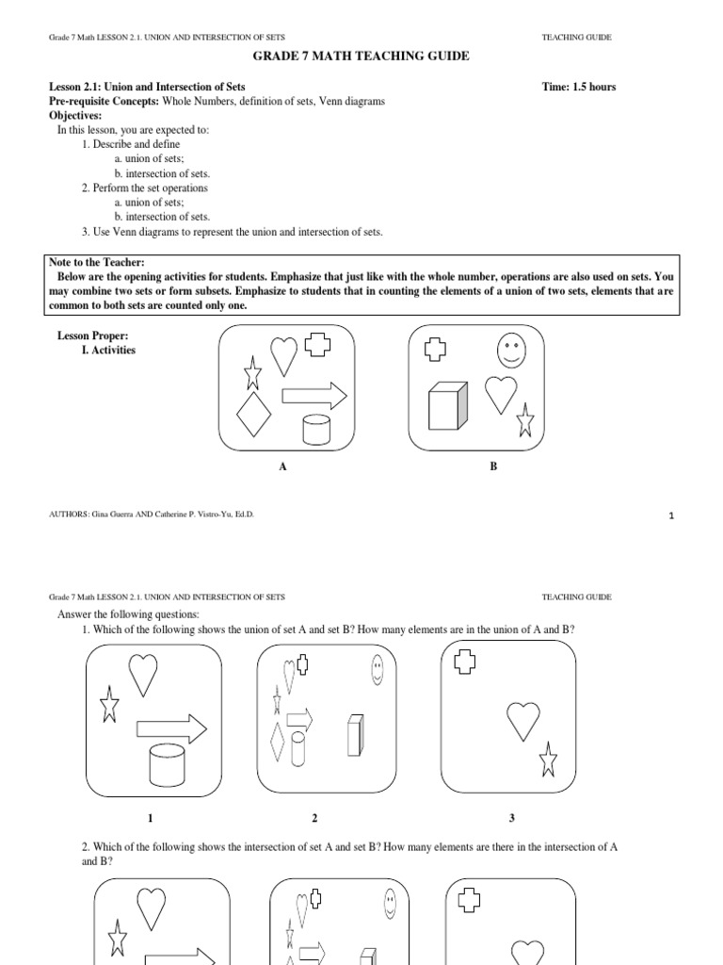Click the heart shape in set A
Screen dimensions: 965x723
tap(283, 355)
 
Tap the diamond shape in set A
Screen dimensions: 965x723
tap(254, 415)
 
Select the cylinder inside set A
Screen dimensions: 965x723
tap(316, 429)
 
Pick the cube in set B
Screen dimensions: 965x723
tap(447, 407)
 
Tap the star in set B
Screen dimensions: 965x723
tap(525, 419)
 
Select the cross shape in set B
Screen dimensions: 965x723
tap(435, 350)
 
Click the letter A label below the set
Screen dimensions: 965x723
tap(281, 466)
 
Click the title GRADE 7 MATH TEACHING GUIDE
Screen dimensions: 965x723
tap(361, 57)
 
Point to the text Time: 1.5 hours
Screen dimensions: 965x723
tap(579, 87)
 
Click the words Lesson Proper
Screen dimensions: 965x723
tap(92, 335)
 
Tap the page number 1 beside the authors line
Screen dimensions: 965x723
tap(672, 515)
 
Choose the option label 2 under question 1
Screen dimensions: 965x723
tap(314, 817)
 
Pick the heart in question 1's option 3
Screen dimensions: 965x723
tap(523, 721)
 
